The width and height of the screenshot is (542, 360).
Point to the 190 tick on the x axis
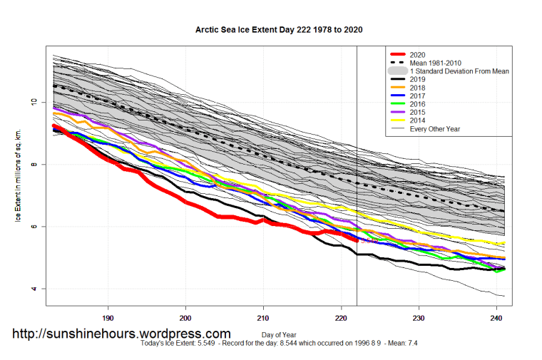(108, 319)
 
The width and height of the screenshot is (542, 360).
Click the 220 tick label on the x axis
(341, 319)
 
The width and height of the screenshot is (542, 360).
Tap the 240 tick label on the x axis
(496, 319)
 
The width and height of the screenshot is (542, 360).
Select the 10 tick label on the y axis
(33, 102)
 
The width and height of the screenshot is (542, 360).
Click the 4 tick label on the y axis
(33, 289)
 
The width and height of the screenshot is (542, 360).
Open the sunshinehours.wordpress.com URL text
(121, 334)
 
